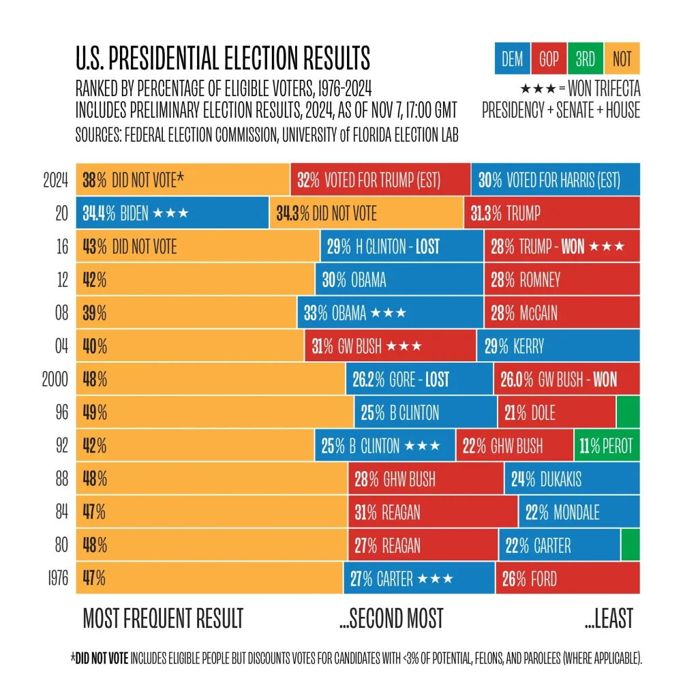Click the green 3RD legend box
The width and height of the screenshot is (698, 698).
tap(586, 59)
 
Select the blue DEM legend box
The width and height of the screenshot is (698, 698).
tap(513, 59)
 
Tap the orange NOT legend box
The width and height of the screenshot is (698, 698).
tap(622, 59)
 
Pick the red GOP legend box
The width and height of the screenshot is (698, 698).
tap(549, 59)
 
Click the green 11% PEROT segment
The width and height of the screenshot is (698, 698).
tap(607, 446)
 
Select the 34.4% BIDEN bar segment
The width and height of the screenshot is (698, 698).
tap(172, 213)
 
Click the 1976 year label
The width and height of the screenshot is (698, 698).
tap(55, 579)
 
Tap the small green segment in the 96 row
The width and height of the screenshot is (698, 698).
tap(628, 412)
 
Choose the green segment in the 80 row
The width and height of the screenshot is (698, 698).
tap(631, 545)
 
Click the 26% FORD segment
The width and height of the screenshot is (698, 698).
tap(567, 579)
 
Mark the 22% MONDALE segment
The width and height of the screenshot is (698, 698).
tap(579, 512)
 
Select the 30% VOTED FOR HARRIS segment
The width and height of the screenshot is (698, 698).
tap(555, 180)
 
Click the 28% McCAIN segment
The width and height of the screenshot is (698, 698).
tap(562, 313)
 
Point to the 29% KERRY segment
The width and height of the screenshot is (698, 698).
tap(558, 346)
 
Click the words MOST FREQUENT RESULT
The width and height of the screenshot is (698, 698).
tap(163, 618)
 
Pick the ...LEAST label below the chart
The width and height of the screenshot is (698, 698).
tap(609, 618)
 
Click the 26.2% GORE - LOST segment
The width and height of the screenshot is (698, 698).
tap(419, 379)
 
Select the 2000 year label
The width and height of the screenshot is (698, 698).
tap(55, 379)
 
